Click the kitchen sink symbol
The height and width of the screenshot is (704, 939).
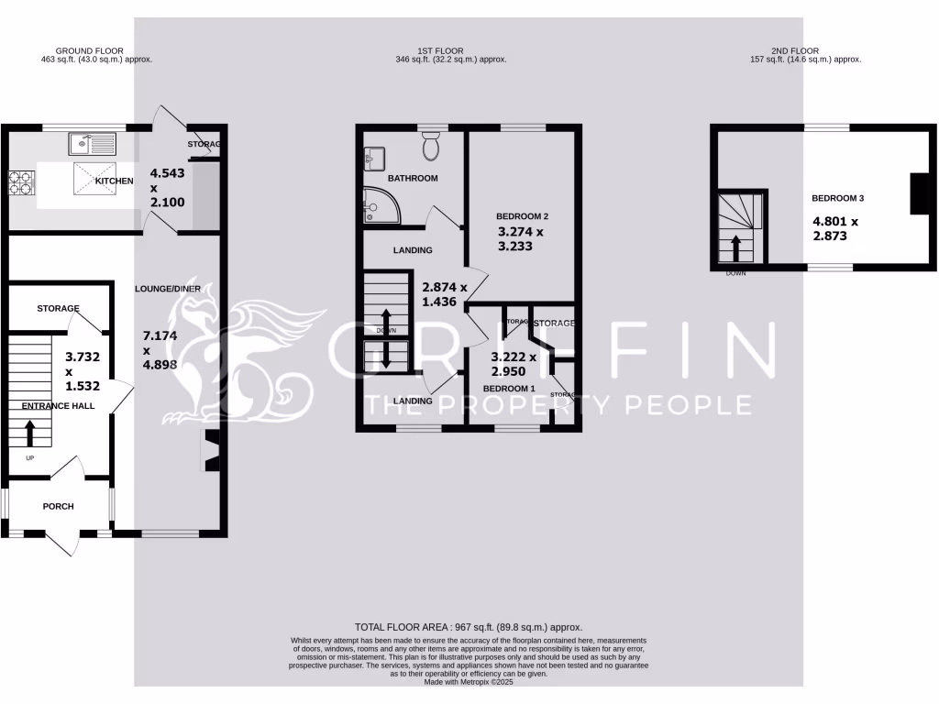(x=91, y=144)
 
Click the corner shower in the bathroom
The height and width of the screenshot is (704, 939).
(x=376, y=206)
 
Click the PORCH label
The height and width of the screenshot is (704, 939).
(x=58, y=506)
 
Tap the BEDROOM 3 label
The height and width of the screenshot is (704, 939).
(x=838, y=198)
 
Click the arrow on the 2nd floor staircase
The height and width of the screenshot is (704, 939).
(x=735, y=247)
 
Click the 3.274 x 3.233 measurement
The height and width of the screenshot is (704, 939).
(x=521, y=239)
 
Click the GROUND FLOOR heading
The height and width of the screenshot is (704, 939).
(x=90, y=51)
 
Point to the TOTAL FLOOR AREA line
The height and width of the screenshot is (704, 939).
(x=469, y=626)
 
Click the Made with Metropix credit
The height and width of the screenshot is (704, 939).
(x=469, y=681)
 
